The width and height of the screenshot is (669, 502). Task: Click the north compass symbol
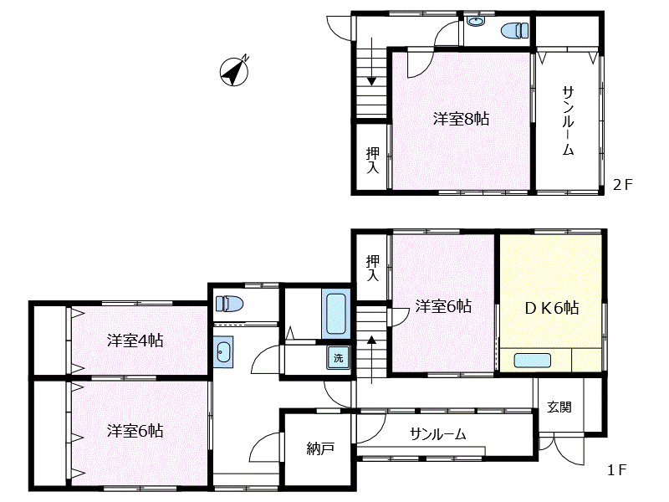[x=235, y=71]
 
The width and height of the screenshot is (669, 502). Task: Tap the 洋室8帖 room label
[x=461, y=119]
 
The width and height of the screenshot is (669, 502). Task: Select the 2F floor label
[x=623, y=185]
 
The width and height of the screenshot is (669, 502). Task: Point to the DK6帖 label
[x=551, y=307]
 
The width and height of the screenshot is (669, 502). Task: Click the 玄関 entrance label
[x=559, y=407]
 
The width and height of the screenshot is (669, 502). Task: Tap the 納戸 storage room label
[x=320, y=449]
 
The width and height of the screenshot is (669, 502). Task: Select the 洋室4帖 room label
[x=135, y=341]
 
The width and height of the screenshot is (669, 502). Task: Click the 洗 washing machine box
[x=338, y=357]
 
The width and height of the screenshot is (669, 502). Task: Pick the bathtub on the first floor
[x=336, y=315]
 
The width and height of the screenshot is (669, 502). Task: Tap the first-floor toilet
[x=228, y=303]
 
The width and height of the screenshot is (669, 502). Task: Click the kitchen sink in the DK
[x=532, y=361]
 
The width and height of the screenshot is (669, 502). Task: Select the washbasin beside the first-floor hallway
[x=222, y=352]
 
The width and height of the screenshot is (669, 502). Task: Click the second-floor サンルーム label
[x=568, y=122]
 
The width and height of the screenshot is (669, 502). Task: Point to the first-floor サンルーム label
[x=437, y=434]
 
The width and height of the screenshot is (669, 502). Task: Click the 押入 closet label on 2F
[x=372, y=160]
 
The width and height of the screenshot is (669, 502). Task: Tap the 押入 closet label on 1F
[x=372, y=268]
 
